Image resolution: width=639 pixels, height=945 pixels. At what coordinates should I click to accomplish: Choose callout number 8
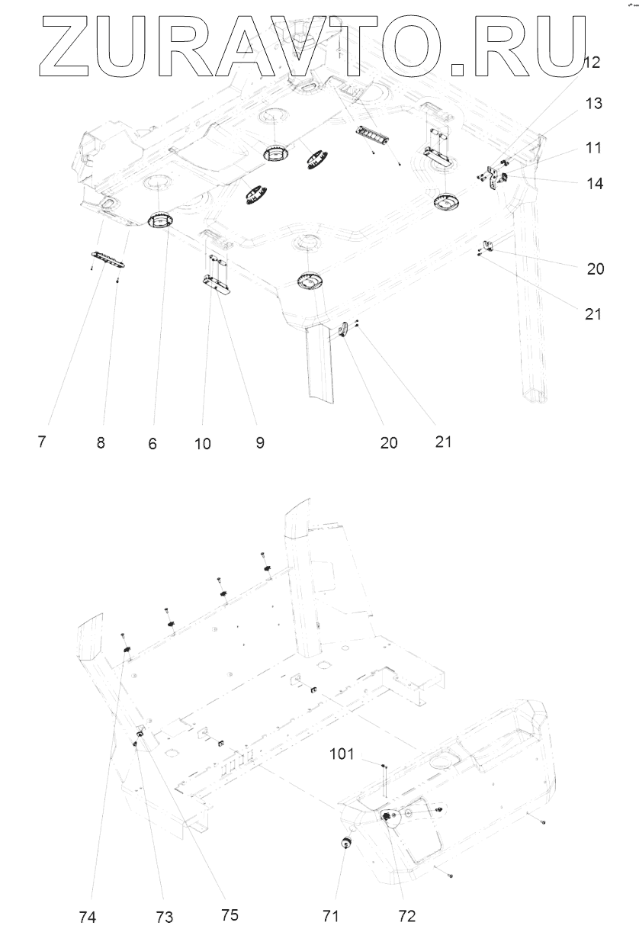pyautogui.click(x=101, y=443)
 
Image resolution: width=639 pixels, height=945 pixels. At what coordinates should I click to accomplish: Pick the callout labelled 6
pyautogui.click(x=153, y=443)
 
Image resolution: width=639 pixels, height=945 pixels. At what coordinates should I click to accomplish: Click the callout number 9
pyautogui.click(x=260, y=442)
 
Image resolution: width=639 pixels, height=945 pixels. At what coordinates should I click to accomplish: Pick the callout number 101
pyautogui.click(x=342, y=755)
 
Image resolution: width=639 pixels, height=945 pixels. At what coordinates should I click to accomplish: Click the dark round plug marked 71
pyautogui.click(x=345, y=841)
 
